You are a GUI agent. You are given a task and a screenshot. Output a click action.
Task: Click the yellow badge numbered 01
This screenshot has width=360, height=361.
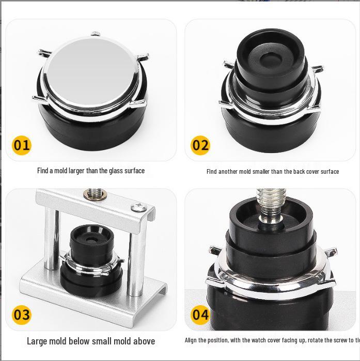tap(22, 145)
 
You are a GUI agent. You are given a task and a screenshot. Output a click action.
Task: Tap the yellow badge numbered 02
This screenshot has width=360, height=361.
tap(200, 145)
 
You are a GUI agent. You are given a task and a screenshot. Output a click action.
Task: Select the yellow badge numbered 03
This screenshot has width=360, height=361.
tap(22, 314)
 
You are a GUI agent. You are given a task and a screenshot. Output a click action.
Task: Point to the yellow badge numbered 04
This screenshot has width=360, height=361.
tap(200, 314)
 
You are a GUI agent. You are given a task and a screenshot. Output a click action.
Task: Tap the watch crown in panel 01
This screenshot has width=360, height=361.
tap(96, 34)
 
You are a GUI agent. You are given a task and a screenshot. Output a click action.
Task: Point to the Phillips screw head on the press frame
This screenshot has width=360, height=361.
tap(137, 207)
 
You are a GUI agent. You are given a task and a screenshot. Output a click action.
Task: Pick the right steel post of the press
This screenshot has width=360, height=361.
tap(136, 253)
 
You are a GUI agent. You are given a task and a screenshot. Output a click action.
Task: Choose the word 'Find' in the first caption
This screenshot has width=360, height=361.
tap(43, 171)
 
